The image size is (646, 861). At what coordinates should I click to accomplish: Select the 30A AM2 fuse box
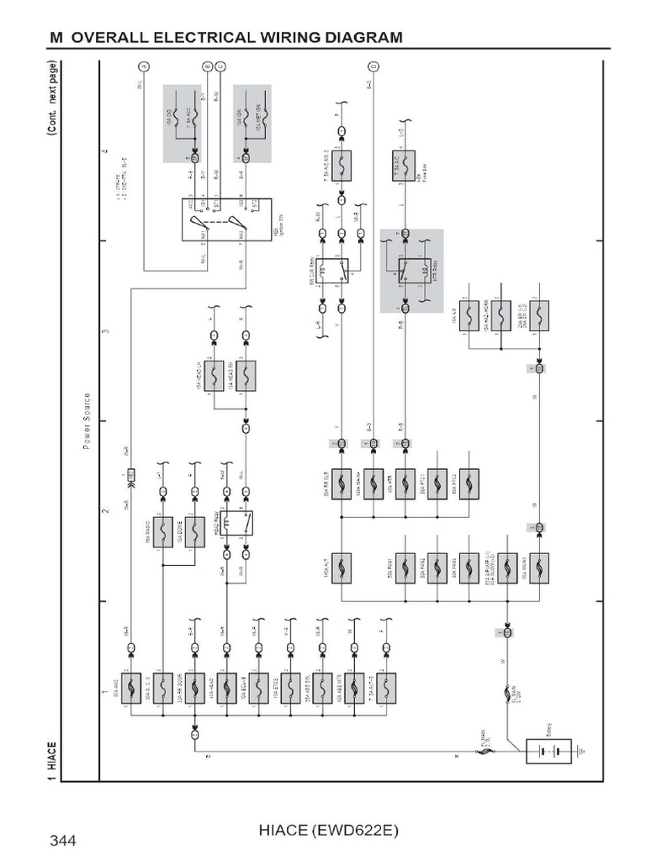(132, 688)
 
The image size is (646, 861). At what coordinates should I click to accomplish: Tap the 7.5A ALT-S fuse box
(386, 688)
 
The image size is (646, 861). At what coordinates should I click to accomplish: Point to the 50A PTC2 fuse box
(469, 483)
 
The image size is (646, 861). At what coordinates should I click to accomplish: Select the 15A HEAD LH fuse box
(214, 375)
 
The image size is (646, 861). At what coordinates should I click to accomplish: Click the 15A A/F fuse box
(469, 314)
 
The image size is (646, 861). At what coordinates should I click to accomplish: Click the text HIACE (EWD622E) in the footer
(324, 831)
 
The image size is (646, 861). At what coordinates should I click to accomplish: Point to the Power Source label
(87, 420)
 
